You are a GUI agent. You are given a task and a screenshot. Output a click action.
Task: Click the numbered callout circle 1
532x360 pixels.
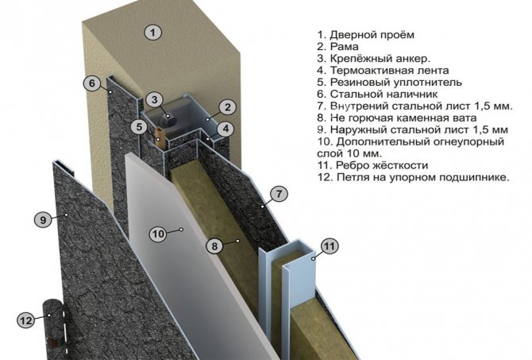click(153, 33)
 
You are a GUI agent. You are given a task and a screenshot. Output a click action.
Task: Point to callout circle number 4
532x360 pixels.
click(226, 127)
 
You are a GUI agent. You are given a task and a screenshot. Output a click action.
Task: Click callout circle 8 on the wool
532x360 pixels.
click(214, 246)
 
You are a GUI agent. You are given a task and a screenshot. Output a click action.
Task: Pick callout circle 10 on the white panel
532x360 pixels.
click(158, 234)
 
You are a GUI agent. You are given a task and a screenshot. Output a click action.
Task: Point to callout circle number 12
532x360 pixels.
click(26, 320)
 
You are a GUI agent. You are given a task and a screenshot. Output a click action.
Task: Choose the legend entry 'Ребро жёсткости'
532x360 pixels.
click(372, 165)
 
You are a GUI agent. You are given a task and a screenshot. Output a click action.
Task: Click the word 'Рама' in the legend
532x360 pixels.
click(337, 47)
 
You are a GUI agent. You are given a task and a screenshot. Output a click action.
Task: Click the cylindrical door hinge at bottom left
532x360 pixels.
click(54, 322)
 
